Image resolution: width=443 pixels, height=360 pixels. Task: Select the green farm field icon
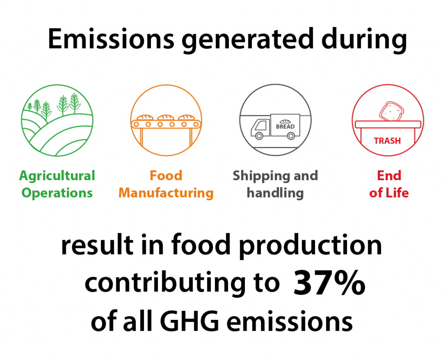[x=57, y=121]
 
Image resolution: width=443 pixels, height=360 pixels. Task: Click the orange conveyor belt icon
[x=166, y=120]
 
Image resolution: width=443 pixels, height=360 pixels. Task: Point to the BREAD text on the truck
[x=285, y=127]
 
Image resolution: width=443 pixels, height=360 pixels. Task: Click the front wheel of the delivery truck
[x=259, y=136]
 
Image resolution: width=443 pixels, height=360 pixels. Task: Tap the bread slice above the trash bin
[x=391, y=112]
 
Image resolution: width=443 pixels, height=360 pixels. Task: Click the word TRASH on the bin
[x=387, y=141]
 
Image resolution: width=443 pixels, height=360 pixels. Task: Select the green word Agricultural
[x=57, y=176]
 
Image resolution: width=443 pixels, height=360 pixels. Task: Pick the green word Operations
[x=57, y=193]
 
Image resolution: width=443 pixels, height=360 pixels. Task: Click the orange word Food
[x=166, y=175]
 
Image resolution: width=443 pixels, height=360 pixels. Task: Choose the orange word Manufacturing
[x=166, y=193]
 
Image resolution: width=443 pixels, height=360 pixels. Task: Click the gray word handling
[x=275, y=193]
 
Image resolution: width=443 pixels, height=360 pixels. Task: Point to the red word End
[x=389, y=175]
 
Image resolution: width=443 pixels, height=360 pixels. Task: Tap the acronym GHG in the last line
[x=189, y=322]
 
